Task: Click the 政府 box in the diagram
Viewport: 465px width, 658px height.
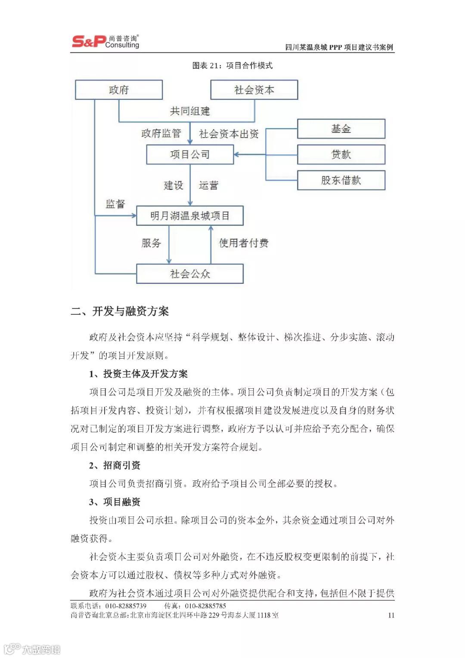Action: (x=119, y=90)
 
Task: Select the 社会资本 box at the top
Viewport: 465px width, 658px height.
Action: (x=254, y=90)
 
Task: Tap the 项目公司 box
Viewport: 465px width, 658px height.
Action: (x=190, y=154)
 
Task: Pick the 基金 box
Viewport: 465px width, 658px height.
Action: (x=341, y=129)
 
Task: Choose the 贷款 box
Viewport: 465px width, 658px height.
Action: (x=341, y=154)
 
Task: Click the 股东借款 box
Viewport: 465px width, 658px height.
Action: (x=341, y=180)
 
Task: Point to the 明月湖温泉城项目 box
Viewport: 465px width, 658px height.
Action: (x=190, y=215)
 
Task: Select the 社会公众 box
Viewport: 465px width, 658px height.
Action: (x=190, y=274)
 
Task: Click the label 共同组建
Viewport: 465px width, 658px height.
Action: (x=190, y=111)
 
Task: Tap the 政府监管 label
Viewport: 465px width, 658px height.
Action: (x=161, y=134)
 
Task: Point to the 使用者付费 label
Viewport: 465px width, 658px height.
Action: (x=244, y=243)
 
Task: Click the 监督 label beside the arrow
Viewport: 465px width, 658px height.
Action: (x=115, y=204)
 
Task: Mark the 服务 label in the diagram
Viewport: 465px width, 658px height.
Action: (x=151, y=243)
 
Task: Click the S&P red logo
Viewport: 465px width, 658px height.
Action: (x=88, y=41)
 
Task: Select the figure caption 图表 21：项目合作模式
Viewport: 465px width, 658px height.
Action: (x=232, y=65)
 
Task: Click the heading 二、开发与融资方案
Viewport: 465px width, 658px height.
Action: (x=120, y=311)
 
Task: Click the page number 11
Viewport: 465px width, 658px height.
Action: (x=391, y=615)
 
